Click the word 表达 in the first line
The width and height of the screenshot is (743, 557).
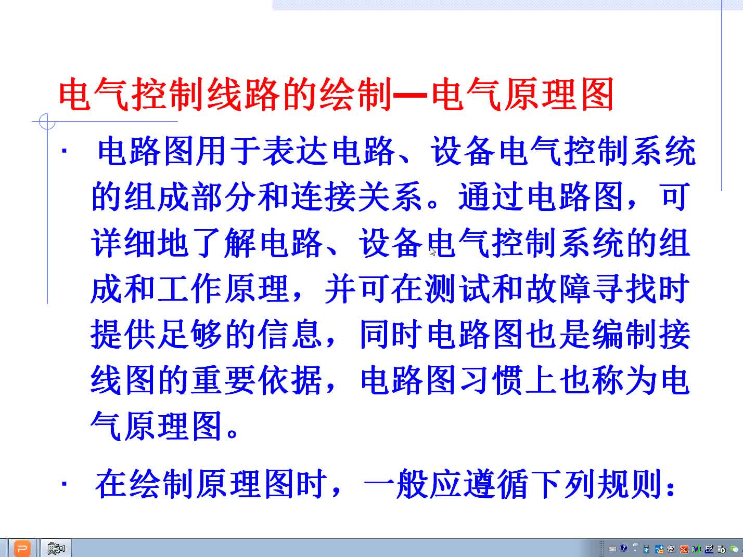click(295, 151)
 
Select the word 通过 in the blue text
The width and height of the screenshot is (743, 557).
click(491, 196)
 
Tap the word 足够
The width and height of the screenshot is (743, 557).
click(173, 334)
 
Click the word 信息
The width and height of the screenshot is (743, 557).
click(290, 334)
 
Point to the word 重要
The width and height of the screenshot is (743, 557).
click(223, 380)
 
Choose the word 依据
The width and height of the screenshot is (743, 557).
click(290, 380)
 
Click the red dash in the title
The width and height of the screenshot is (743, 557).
click(410, 94)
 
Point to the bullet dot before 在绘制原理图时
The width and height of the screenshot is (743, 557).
click(65, 484)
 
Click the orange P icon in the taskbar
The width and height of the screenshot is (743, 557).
click(22, 548)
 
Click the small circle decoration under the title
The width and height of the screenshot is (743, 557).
click(47, 122)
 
